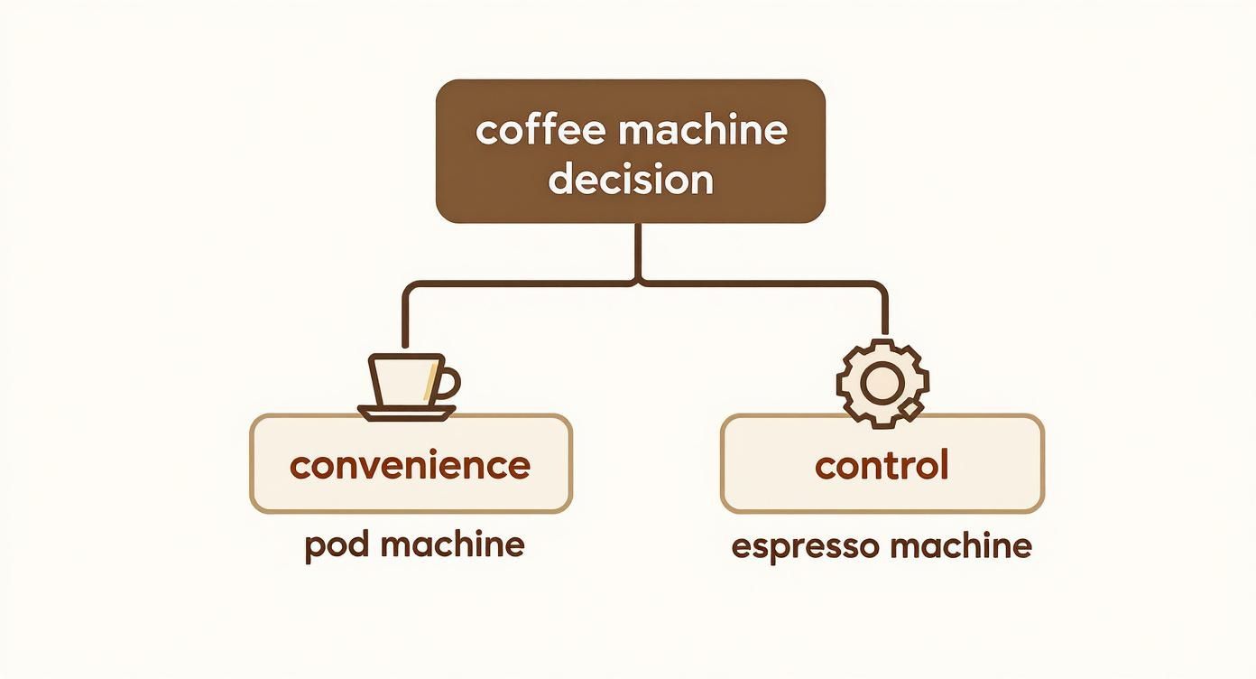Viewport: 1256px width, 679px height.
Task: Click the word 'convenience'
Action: pos(411,465)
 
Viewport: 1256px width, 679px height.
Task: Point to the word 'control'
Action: pos(882,465)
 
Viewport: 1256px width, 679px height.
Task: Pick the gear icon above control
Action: pos(881,384)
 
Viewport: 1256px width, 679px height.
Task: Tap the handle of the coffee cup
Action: pos(448,384)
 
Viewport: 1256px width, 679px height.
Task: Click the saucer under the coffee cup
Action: pos(407,412)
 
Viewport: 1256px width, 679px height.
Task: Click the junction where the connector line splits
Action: pos(640,284)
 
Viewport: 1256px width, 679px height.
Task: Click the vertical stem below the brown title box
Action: pos(640,248)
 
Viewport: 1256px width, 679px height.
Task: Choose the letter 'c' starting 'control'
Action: pos(824,467)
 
